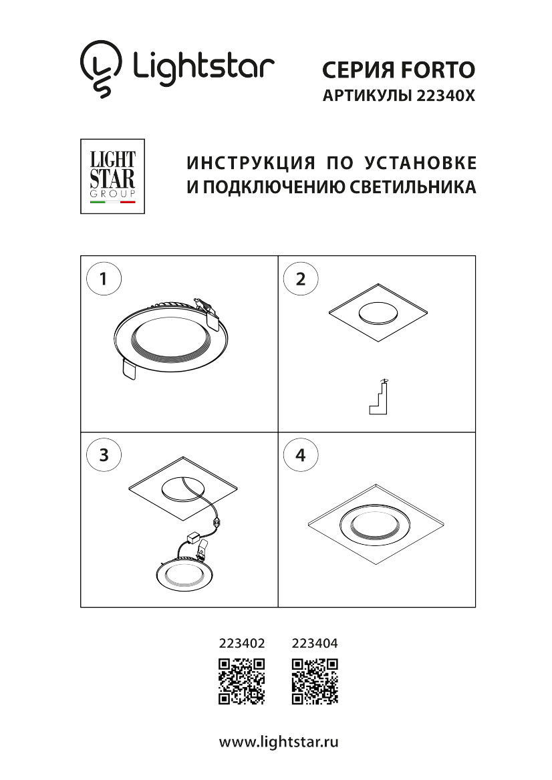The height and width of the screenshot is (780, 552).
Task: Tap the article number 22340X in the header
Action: [x=445, y=96]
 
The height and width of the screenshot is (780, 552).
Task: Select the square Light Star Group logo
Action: [x=112, y=176]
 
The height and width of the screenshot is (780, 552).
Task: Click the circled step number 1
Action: [x=104, y=279]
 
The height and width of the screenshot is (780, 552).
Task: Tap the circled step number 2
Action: [x=301, y=279]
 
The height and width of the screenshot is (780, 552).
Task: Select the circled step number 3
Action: [x=104, y=456]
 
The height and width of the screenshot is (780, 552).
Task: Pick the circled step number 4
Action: [x=301, y=456]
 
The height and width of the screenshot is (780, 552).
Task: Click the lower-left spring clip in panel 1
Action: [x=129, y=369]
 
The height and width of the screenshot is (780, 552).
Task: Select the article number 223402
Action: [x=242, y=644]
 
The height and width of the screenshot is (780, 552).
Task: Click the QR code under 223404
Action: [x=315, y=681]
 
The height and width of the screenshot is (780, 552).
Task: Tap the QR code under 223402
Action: [x=242, y=681]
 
